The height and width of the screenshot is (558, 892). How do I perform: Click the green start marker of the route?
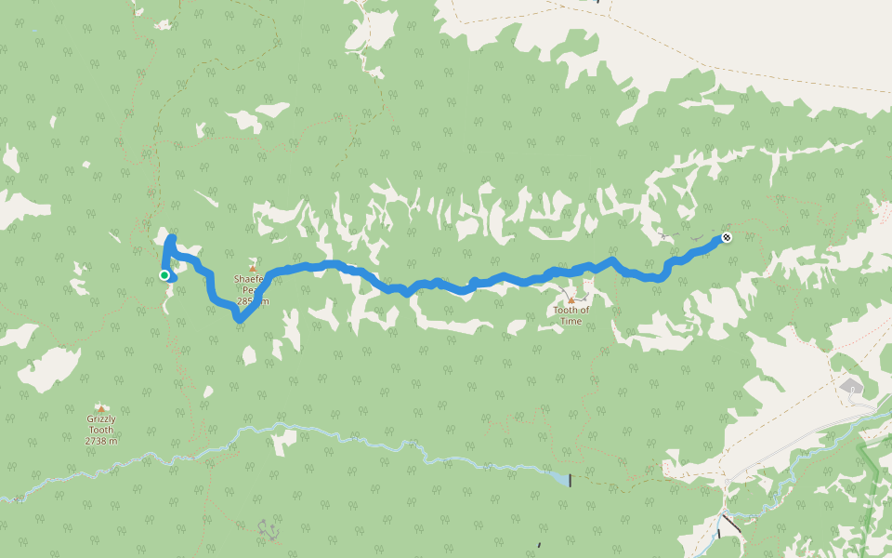pyautogui.click(x=164, y=274)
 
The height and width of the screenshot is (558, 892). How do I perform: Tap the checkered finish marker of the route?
pyautogui.click(x=727, y=237)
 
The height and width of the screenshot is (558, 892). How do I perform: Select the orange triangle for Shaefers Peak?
pyautogui.click(x=252, y=268)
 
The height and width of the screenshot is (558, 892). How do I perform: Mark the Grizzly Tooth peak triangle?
pyautogui.click(x=101, y=407)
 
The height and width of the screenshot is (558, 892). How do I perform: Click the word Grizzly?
pyautogui.click(x=101, y=419)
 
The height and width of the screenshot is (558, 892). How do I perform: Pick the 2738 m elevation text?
pyautogui.click(x=101, y=441)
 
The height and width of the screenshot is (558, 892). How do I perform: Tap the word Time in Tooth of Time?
pyautogui.click(x=571, y=322)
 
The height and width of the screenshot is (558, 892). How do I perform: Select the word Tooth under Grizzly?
pyautogui.click(x=101, y=430)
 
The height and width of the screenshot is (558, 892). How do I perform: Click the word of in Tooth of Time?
pyautogui.click(x=584, y=311)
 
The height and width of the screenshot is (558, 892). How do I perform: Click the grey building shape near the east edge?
pyautogui.click(x=852, y=385)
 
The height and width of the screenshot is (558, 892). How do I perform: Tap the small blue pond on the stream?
pyautogui.click(x=558, y=478)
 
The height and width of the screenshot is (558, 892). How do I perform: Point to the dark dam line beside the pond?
pyautogui.click(x=570, y=480)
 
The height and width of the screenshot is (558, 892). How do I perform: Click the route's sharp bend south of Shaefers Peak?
pyautogui.click(x=240, y=319)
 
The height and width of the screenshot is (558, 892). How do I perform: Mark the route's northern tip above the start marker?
pyautogui.click(x=171, y=239)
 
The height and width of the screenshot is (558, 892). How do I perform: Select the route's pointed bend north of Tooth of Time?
pyautogui.click(x=611, y=259)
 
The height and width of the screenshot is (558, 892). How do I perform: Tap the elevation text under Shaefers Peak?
pyautogui.click(x=254, y=301)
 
